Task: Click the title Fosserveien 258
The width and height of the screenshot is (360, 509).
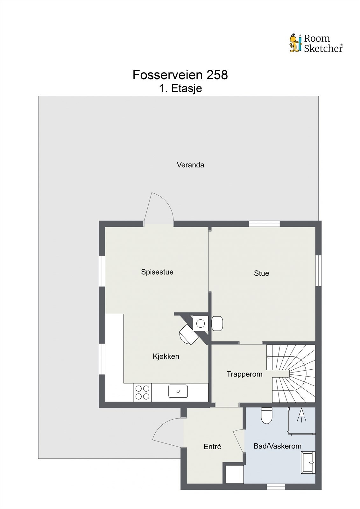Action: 180,75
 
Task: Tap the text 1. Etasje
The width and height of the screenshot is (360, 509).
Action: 180,88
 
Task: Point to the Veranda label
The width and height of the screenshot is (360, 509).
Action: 190,165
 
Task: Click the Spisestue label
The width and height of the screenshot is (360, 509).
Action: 157,272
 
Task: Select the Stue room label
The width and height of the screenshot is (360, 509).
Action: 261,273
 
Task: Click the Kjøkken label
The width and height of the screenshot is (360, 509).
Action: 166,357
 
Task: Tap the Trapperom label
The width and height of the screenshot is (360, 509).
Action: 244,374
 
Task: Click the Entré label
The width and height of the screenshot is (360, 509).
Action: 212,447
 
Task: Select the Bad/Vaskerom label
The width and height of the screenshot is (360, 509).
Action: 277,446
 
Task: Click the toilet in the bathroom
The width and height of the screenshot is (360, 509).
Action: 266,415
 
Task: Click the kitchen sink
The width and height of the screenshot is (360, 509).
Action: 178,391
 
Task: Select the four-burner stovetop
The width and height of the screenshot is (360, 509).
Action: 142,392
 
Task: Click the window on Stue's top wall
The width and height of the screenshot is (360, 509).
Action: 264,224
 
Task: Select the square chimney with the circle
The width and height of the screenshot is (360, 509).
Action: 201,323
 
